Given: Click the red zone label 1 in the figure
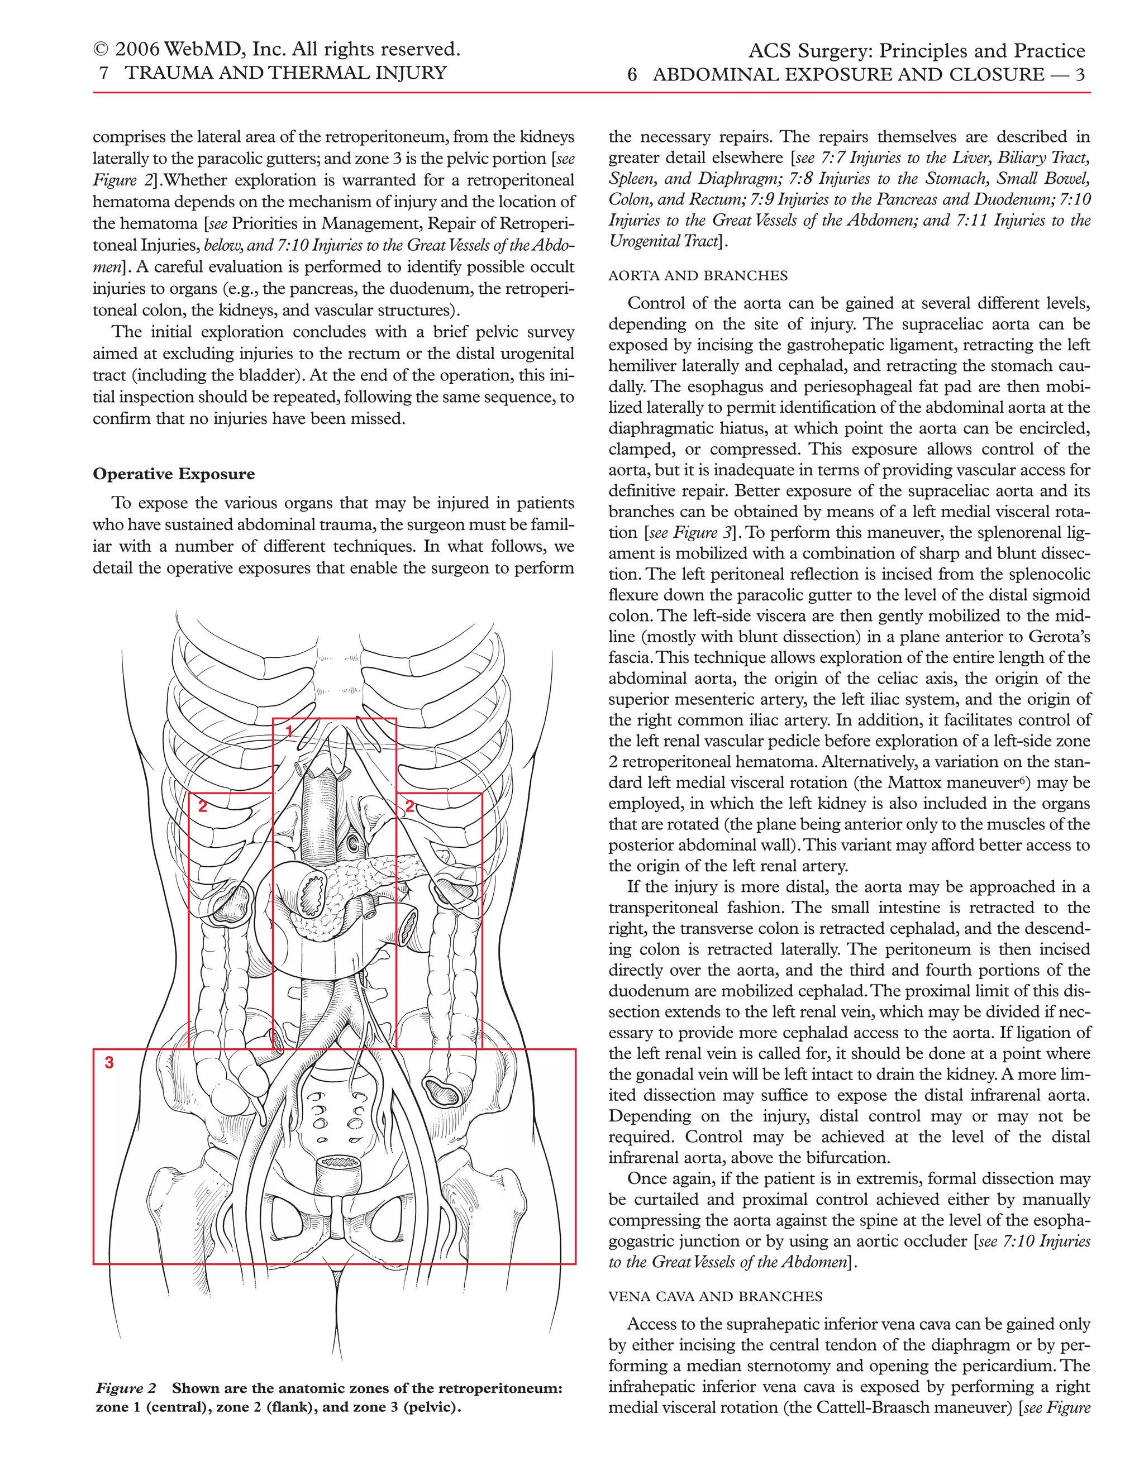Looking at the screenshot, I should [x=289, y=731].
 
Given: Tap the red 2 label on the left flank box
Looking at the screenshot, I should [x=202, y=806].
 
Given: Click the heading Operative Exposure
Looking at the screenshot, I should [x=174, y=474].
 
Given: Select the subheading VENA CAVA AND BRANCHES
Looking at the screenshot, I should [x=715, y=1296].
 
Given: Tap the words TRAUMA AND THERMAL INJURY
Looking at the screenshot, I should [x=285, y=73].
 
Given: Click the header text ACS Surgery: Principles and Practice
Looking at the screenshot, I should [x=916, y=51].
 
